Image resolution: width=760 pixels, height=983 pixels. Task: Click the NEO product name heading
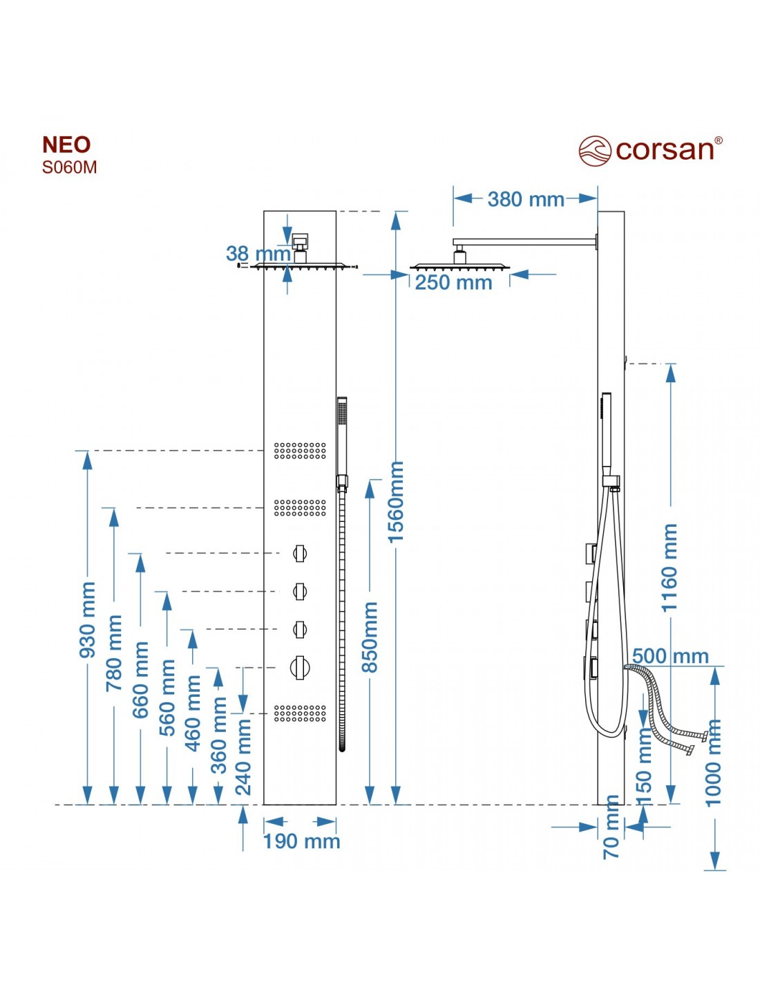click(66, 145)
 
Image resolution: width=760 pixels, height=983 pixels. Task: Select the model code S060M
click(69, 167)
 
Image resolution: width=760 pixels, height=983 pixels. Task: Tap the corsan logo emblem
click(594, 151)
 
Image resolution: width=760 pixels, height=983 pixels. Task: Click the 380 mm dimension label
click(525, 199)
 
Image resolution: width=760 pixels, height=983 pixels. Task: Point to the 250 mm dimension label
click(453, 283)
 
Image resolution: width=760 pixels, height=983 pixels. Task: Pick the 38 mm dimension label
click(258, 254)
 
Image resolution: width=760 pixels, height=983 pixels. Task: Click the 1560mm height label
click(395, 501)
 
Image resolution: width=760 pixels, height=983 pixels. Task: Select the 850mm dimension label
click(370, 637)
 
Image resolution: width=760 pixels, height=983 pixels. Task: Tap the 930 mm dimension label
click(88, 619)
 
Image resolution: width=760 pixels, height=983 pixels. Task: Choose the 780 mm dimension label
click(114, 653)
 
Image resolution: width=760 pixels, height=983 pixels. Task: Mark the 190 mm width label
click(301, 841)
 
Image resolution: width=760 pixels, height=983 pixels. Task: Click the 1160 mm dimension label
click(670, 568)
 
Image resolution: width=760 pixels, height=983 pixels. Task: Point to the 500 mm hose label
click(670, 656)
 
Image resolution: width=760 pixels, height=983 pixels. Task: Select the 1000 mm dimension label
click(714, 762)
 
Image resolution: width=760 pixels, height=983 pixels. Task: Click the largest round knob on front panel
click(299, 667)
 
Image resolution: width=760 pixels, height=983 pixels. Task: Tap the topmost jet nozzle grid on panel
click(300, 451)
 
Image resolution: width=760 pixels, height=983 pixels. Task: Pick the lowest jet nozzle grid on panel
click(300, 713)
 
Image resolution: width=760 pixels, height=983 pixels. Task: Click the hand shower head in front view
click(341, 436)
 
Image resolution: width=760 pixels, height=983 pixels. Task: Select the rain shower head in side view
click(459, 266)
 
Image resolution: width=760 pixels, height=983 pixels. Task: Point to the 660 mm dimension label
click(140, 679)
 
